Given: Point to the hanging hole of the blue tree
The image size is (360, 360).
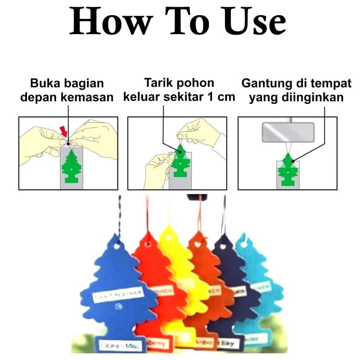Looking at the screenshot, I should (117, 245).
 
